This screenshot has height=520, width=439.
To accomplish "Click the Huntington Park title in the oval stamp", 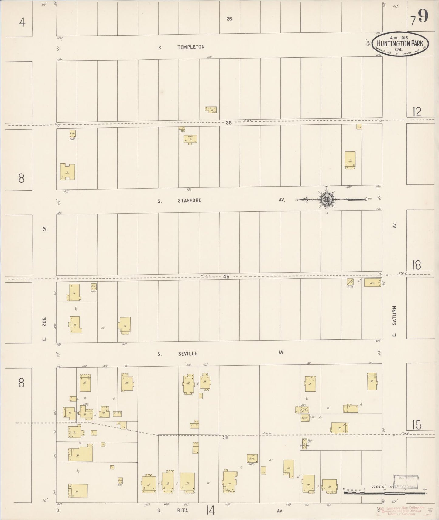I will [x=400, y=43].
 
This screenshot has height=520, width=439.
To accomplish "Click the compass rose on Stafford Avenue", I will [x=327, y=199].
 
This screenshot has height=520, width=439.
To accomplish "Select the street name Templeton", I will [x=191, y=47].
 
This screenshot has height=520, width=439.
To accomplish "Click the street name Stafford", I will [x=190, y=201].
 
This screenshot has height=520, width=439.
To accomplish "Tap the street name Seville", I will [x=188, y=353].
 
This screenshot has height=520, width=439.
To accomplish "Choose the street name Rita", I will [x=183, y=511].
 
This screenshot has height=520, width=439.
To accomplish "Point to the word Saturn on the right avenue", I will [x=394, y=316].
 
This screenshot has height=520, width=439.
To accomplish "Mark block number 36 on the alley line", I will [x=228, y=123].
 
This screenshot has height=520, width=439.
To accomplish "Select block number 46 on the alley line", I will [x=226, y=276].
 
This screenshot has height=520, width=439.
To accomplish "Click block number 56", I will [x=225, y=437].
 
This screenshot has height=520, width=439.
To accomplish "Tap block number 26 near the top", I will [x=229, y=19].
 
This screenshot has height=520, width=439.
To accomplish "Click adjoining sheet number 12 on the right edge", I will [x=417, y=112].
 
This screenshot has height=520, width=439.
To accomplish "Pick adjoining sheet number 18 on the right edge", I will [x=416, y=265].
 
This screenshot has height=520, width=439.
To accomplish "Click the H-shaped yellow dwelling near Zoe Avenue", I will [x=67, y=172].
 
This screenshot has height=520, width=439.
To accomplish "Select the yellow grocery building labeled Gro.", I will [x=372, y=282].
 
